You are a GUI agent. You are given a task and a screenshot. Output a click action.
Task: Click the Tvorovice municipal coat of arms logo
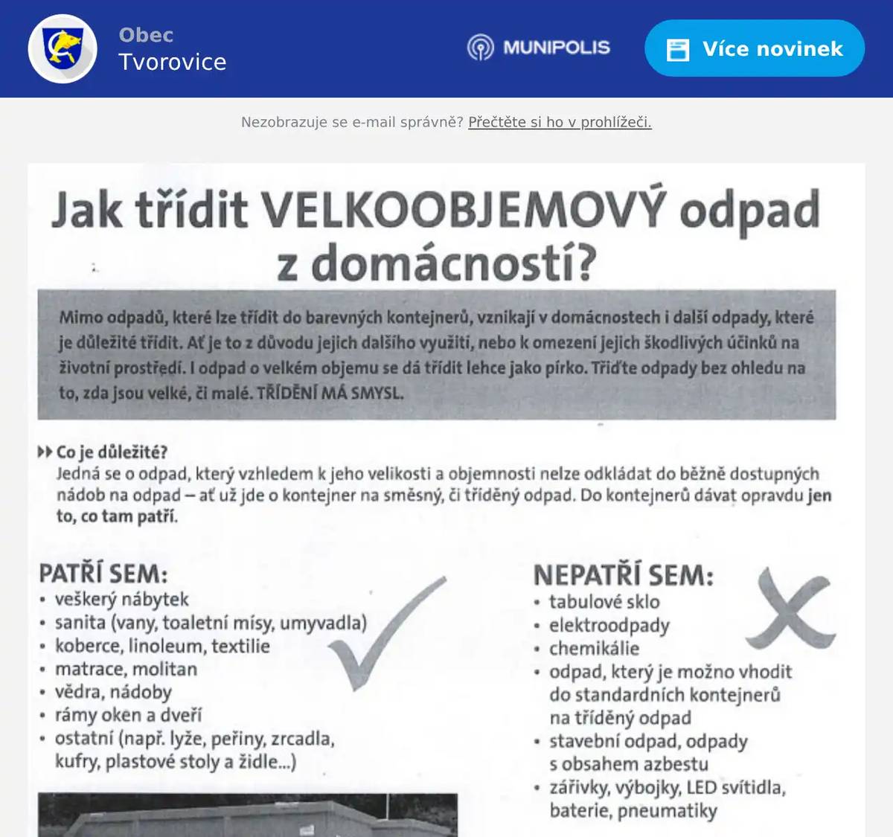tap(63, 48)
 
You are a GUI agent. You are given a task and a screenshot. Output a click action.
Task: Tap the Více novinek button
tap(755, 49)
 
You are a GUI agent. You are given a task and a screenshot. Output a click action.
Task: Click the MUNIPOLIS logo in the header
tap(539, 48)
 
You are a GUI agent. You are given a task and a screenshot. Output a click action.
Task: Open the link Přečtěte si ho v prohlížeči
tap(560, 122)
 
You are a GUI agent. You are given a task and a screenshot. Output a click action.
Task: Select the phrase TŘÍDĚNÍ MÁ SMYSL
tap(330, 393)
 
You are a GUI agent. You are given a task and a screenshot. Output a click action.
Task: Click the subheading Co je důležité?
tap(112, 452)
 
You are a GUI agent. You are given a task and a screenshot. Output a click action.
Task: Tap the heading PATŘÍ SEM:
tap(103, 574)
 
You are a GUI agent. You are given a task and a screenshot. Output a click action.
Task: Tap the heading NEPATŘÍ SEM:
tap(623, 575)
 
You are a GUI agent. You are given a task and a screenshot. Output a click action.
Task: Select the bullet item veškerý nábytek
tap(121, 599)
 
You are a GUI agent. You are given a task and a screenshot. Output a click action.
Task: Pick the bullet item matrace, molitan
tap(126, 669)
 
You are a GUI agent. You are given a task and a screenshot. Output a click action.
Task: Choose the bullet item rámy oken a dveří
tap(128, 715)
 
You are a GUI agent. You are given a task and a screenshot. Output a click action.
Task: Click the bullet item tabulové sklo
tap(604, 601)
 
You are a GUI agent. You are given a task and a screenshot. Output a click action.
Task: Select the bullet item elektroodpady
tap(609, 625)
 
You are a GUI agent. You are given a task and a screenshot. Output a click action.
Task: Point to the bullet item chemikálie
tap(594, 648)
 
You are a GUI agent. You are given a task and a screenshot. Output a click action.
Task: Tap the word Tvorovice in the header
tap(173, 62)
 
